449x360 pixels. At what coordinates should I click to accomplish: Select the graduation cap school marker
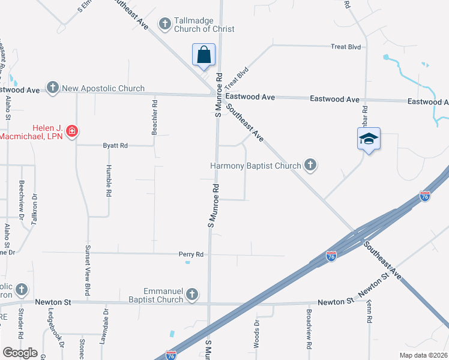(x=367, y=139)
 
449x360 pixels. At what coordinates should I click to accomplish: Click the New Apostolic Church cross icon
(x=52, y=88)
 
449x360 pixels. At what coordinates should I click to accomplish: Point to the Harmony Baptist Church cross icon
(x=310, y=164)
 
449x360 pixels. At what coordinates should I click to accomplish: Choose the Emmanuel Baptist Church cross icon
(x=191, y=294)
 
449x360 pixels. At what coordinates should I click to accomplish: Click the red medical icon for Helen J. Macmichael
(x=71, y=131)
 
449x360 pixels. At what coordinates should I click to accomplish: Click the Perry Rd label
(x=191, y=254)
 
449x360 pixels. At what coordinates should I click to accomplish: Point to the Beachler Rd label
(x=155, y=116)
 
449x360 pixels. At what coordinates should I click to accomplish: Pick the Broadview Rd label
(x=309, y=333)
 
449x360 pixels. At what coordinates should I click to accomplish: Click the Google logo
(x=20, y=353)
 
